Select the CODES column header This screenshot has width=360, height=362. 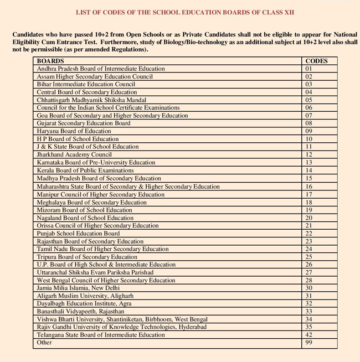(x=317, y=61)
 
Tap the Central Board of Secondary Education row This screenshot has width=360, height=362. (x=87, y=92)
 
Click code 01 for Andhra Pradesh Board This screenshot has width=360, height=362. (x=309, y=69)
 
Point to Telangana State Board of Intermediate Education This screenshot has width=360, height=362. (x=101, y=335)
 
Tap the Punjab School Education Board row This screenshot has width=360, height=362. (x=78, y=234)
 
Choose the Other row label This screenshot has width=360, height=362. (x=44, y=343)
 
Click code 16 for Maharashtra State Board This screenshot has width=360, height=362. (x=309, y=187)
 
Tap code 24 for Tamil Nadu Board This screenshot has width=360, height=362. (x=309, y=249)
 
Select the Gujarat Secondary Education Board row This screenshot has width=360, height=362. (x=84, y=123)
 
